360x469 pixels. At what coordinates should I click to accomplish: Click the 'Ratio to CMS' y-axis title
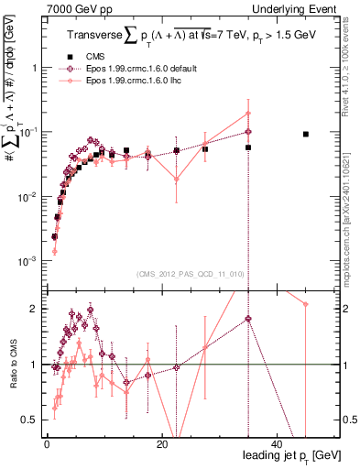coord(12,364)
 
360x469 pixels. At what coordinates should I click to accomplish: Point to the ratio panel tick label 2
coord(33,309)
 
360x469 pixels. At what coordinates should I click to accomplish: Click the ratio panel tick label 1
coord(33,365)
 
